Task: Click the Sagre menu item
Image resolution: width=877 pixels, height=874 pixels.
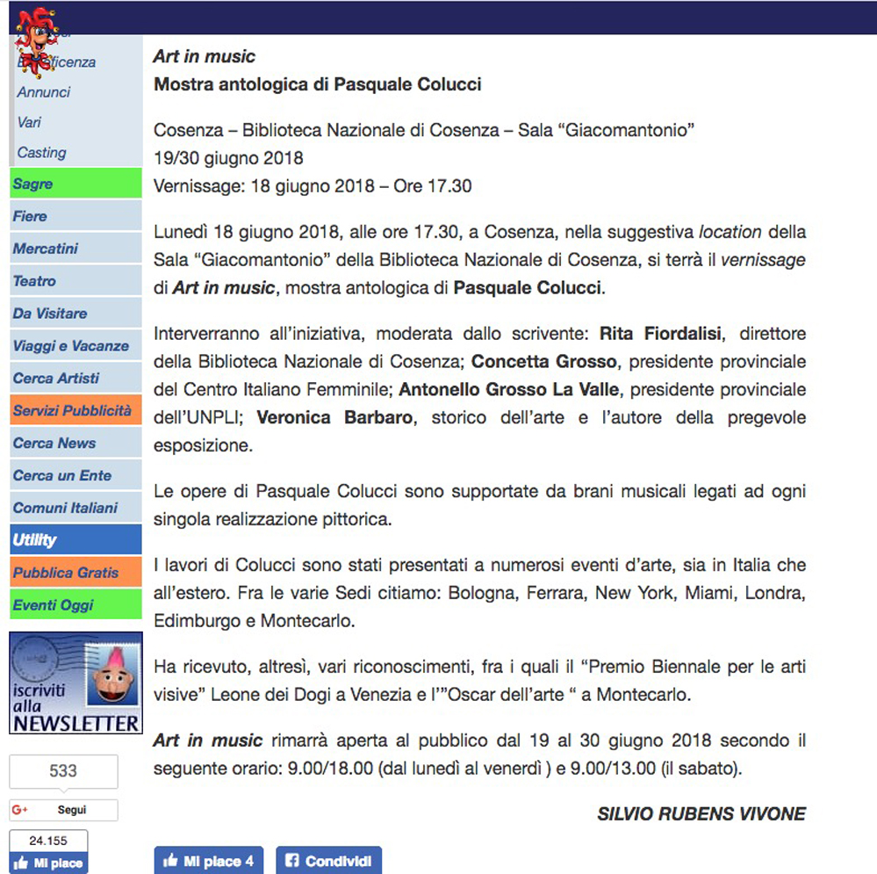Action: [33, 184]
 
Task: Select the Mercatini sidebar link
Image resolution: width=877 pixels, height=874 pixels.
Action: [46, 249]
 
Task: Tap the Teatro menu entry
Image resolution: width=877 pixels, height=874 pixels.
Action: [34, 281]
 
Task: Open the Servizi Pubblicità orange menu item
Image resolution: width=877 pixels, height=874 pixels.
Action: [72, 410]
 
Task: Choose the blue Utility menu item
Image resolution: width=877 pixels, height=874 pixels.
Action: [35, 540]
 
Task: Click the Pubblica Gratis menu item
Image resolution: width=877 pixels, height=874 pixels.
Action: [66, 572]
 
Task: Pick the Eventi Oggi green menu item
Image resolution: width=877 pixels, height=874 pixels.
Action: [53, 604]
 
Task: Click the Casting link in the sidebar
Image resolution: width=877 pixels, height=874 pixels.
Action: [42, 152]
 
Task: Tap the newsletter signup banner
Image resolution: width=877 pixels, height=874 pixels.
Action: [75, 683]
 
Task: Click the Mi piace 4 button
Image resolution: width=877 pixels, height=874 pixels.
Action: [208, 860]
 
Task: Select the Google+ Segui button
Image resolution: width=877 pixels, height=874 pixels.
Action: [63, 810]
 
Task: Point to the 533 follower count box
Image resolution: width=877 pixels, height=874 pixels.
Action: [63, 771]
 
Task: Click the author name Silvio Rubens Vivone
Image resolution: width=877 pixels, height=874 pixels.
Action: [701, 813]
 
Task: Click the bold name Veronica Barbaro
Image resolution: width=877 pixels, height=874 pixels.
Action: [334, 417]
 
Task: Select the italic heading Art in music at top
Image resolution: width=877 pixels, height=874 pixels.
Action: [204, 56]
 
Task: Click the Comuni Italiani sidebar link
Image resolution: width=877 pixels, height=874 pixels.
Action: [65, 508]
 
